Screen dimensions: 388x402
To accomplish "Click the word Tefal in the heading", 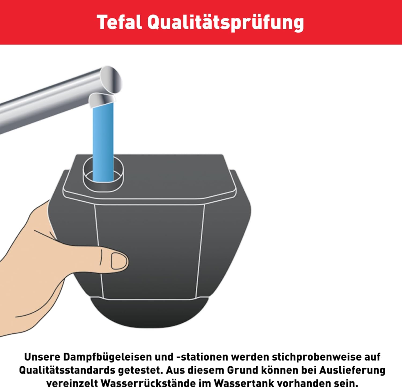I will coord(119,22).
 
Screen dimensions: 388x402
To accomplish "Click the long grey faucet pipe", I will coord(48,102).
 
